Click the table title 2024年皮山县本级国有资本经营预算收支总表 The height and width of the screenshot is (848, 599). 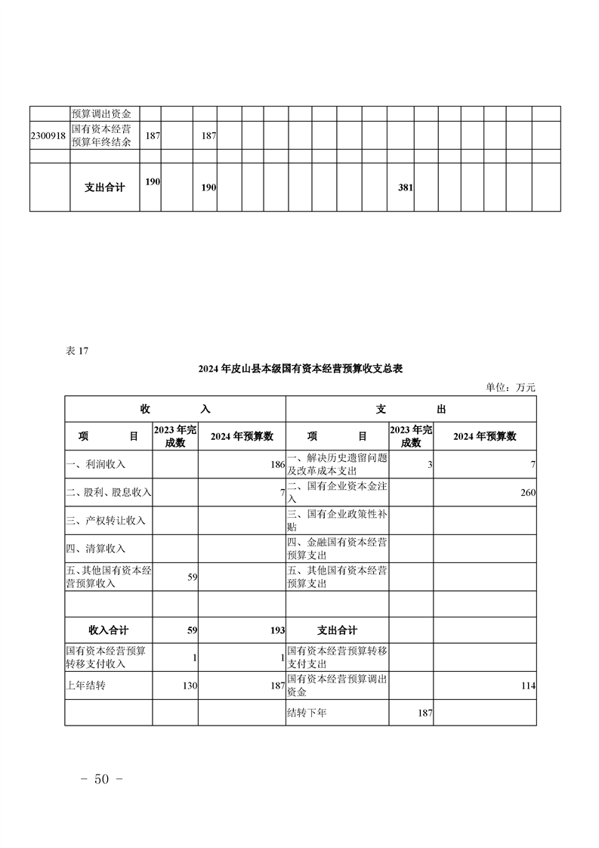coord(300,370)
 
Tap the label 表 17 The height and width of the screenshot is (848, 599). coord(78,351)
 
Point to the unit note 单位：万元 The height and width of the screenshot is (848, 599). coord(511,387)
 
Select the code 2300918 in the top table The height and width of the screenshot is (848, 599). coord(49,135)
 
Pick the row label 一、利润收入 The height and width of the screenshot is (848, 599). coord(96,464)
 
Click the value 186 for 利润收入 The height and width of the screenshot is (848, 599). coord(277,464)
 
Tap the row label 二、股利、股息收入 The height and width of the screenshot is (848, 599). coord(109,493)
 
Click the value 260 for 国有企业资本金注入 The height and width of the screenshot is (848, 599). coord(527,493)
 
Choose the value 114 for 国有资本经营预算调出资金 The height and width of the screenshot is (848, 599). coord(527,686)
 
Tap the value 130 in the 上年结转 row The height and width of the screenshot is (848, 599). coord(189,686)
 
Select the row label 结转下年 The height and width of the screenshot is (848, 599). coord(307,713)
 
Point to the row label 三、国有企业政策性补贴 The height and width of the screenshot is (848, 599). coord(337,521)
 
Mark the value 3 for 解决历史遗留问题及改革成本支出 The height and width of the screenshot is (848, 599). coord(430,464)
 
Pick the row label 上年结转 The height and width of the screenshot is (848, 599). coord(85,686)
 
